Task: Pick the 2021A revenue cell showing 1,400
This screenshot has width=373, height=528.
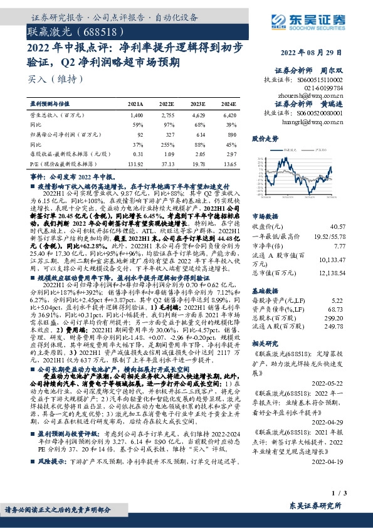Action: tap(137, 116)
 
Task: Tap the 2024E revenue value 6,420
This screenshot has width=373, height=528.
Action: tap(229, 116)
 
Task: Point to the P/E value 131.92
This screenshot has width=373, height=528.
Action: tap(135, 162)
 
